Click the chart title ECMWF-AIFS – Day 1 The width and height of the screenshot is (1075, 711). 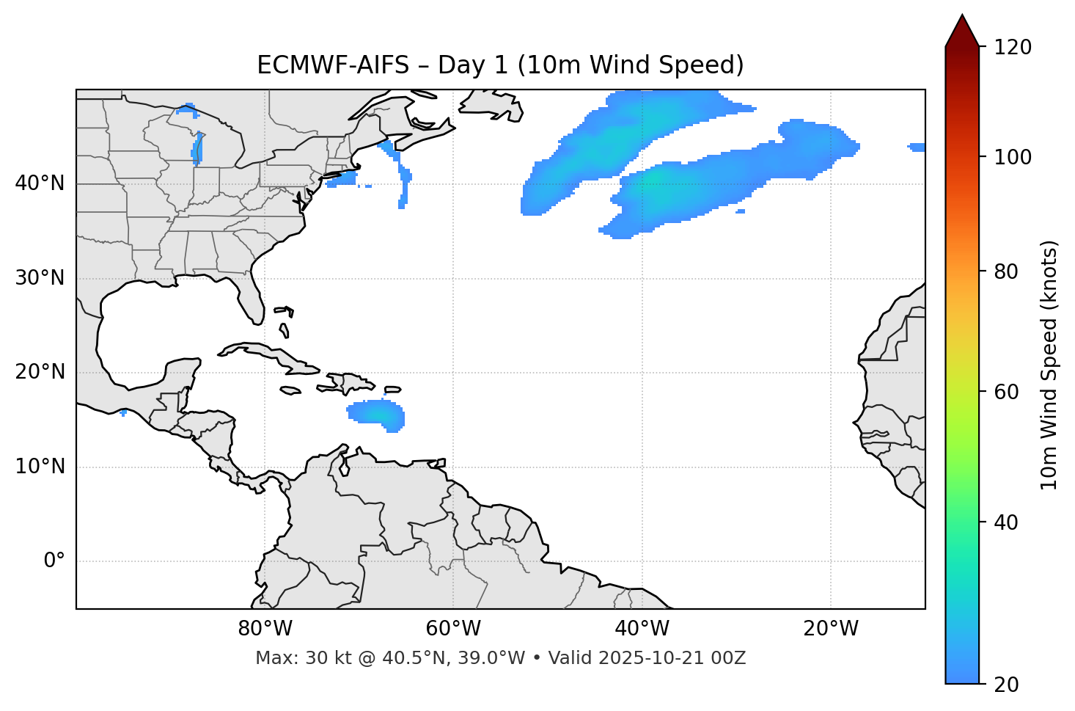point(500,65)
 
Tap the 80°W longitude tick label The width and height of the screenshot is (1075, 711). point(265,629)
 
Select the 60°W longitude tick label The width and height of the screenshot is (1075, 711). point(453,629)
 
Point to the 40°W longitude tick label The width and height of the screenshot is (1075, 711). point(642,629)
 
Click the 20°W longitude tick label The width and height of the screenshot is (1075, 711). point(831,629)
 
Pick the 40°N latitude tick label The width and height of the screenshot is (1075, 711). point(40,183)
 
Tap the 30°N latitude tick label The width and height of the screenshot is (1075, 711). point(40,278)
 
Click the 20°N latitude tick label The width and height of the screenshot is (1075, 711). point(40,373)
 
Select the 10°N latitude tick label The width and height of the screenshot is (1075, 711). point(40,467)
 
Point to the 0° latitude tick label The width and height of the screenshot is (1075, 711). point(54,561)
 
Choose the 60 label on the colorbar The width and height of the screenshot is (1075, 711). point(1008,392)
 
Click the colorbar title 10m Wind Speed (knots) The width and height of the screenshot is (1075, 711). point(1049,365)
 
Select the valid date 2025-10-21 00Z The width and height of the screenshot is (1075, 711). point(672,658)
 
